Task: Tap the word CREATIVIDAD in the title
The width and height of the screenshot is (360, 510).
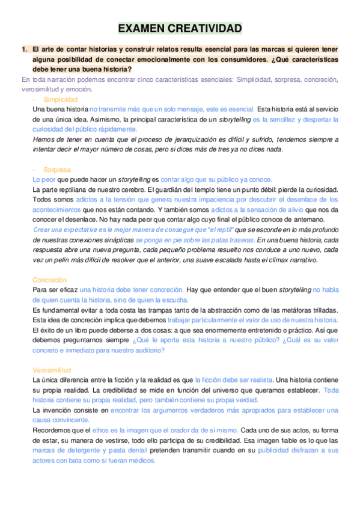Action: [206, 28]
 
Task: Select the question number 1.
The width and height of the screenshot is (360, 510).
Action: [24, 49]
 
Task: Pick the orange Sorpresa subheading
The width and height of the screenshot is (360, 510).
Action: [57, 170]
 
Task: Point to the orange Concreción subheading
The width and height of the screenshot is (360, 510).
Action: [52, 280]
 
